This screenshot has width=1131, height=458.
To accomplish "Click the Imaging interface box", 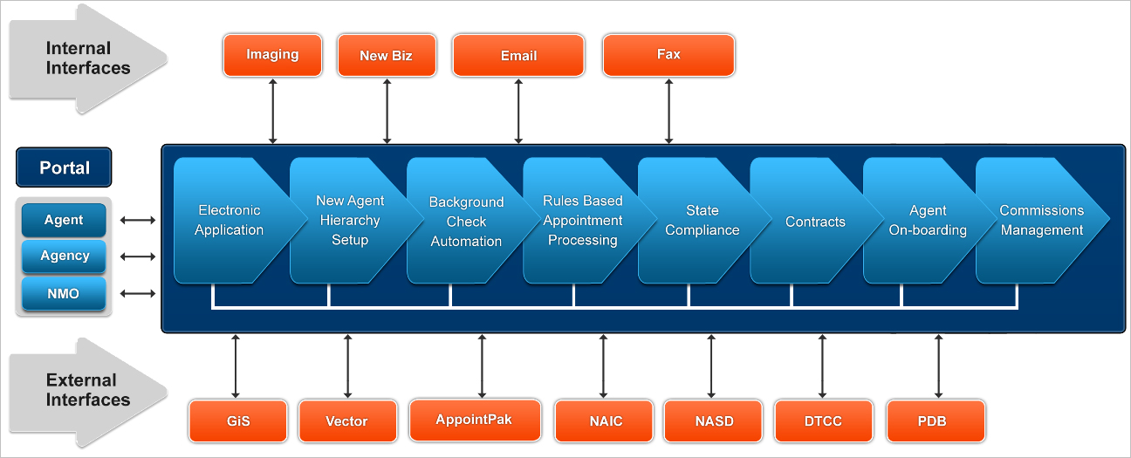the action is point(272,55).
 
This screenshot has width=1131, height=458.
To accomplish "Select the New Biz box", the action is point(387,55).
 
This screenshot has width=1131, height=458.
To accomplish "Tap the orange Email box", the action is point(518,55).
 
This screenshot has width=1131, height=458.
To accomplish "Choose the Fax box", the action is point(668,55).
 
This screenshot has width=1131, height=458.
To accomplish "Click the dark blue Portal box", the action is point(64,167).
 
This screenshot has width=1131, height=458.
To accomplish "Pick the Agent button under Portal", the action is point(64,220).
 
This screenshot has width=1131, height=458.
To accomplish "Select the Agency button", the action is point(64,256).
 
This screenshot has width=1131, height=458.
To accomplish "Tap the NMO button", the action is point(64,293).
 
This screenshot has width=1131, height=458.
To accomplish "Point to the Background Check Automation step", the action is point(466,222).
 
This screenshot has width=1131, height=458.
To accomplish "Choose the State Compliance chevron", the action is point(702,220).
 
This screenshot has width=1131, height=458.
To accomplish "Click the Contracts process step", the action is point(815,222).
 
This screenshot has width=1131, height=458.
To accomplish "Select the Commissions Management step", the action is point(1041,220).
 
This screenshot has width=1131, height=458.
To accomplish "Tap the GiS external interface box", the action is point(238,420).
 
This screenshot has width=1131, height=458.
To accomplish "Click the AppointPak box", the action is point(475,420).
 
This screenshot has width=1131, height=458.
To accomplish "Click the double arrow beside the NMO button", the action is point(138,293).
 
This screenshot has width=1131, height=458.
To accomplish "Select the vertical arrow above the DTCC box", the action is point(822,366).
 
